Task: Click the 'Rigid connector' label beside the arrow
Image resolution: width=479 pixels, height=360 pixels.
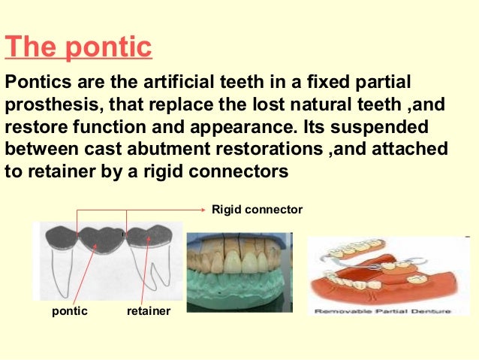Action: point(257,210)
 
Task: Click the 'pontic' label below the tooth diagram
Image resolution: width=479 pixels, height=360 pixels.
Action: point(69,310)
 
